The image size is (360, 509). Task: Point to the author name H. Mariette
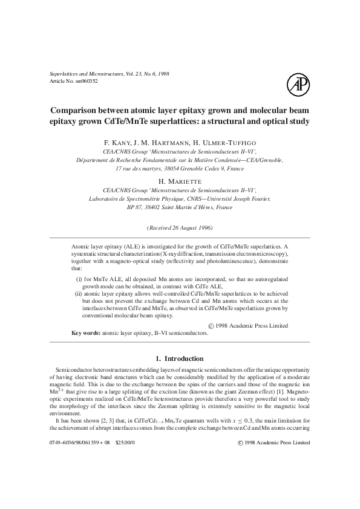coord(180,180)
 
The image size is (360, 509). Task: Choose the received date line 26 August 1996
coord(180,227)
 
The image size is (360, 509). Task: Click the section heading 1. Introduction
coord(180,359)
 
